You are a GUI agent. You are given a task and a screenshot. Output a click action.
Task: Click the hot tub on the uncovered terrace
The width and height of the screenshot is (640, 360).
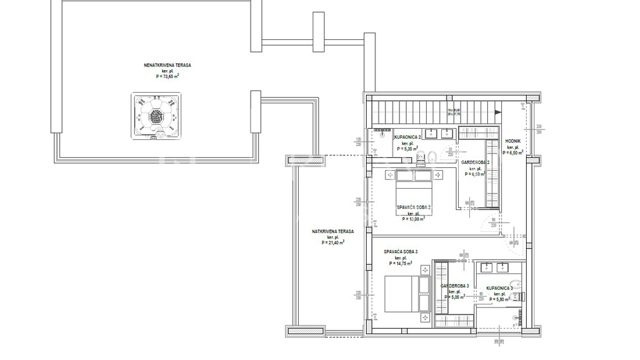click(156, 116)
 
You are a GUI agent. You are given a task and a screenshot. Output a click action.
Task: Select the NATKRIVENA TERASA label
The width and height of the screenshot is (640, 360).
click(333, 232)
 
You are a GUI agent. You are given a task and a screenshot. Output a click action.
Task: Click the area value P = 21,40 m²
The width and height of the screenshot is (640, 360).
click(333, 243)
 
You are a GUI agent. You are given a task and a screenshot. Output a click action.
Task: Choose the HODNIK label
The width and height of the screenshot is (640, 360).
click(513, 141)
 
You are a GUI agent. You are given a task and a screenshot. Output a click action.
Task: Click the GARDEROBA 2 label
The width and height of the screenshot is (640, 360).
click(475, 162)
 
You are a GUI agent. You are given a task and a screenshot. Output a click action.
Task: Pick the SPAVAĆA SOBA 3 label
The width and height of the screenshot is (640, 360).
click(400, 251)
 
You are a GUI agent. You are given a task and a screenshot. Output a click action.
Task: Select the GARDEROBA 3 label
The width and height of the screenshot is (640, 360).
click(455, 286)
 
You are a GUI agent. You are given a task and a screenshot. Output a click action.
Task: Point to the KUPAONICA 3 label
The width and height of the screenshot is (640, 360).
click(499, 289)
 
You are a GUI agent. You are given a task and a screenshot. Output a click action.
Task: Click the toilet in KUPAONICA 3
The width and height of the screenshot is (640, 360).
click(520, 293)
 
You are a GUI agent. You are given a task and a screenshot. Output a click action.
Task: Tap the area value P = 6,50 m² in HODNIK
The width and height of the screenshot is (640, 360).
click(513, 152)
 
